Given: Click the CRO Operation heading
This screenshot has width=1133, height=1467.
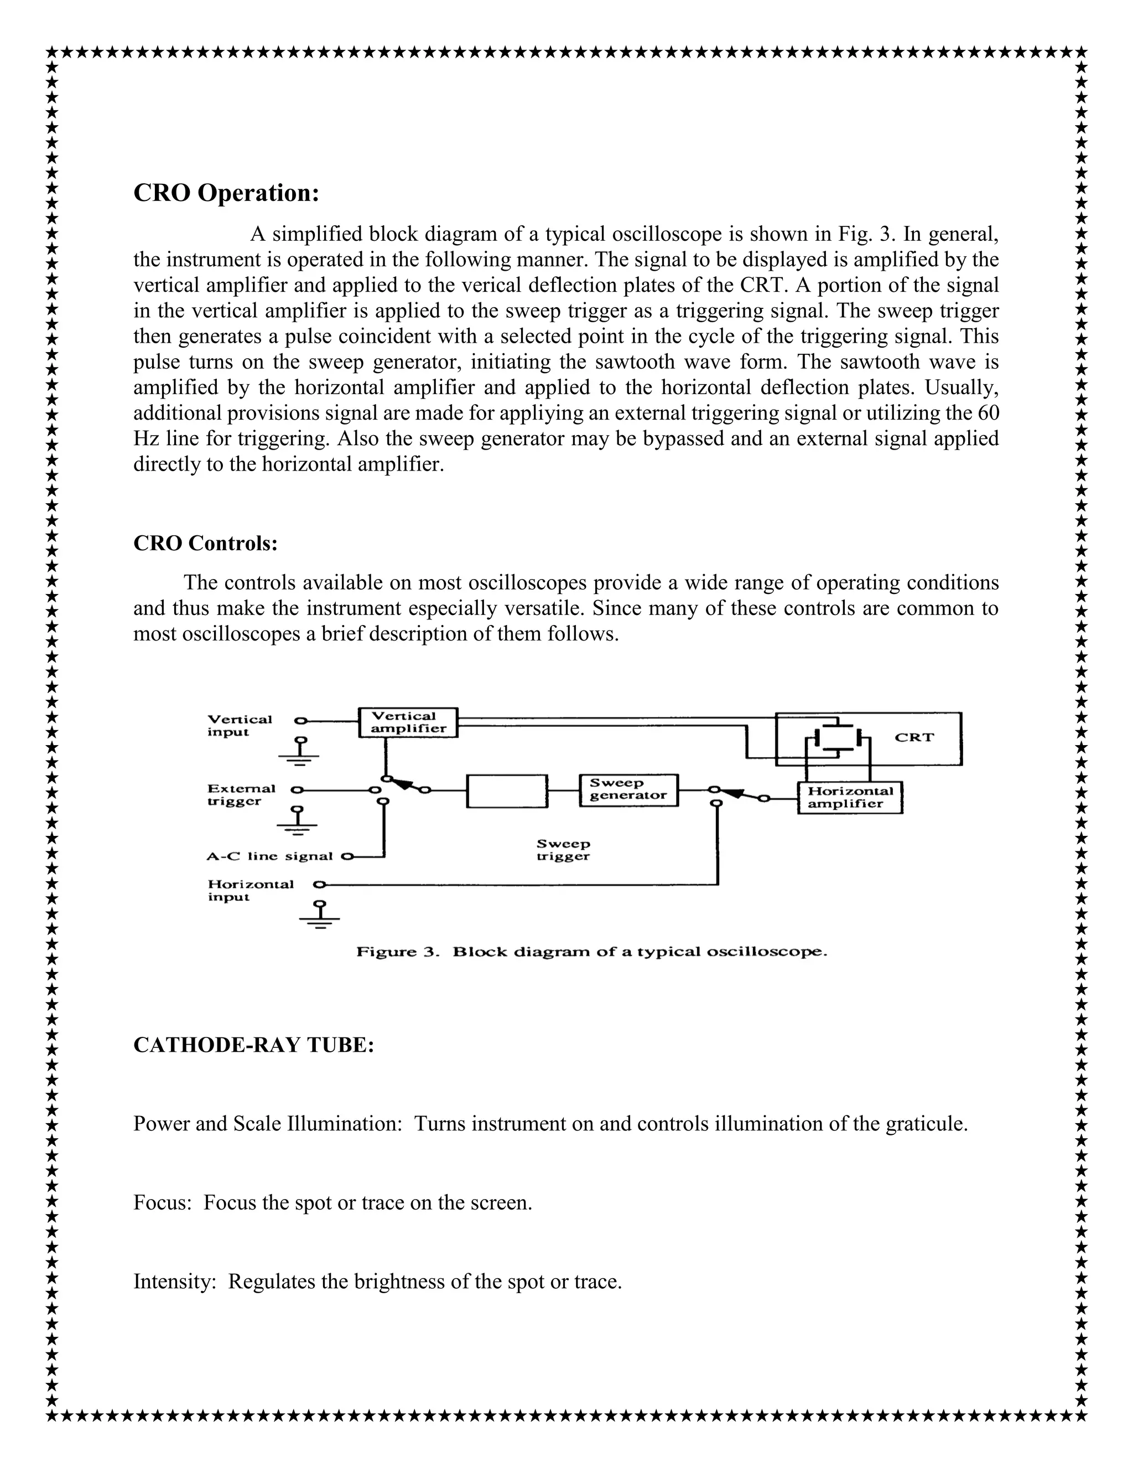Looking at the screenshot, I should [226, 193].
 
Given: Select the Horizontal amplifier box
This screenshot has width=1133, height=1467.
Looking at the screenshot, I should [850, 797].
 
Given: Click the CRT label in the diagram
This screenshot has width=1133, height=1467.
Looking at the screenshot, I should [914, 737].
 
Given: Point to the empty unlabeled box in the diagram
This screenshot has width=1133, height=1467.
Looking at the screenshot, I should [507, 791].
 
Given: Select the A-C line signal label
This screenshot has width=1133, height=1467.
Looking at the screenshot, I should [269, 856].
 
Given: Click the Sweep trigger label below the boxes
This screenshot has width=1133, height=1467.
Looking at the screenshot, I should [563, 850].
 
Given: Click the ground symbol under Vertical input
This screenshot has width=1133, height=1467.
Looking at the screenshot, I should [299, 752].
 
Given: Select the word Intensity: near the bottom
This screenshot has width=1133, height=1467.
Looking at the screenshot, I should [174, 1282].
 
